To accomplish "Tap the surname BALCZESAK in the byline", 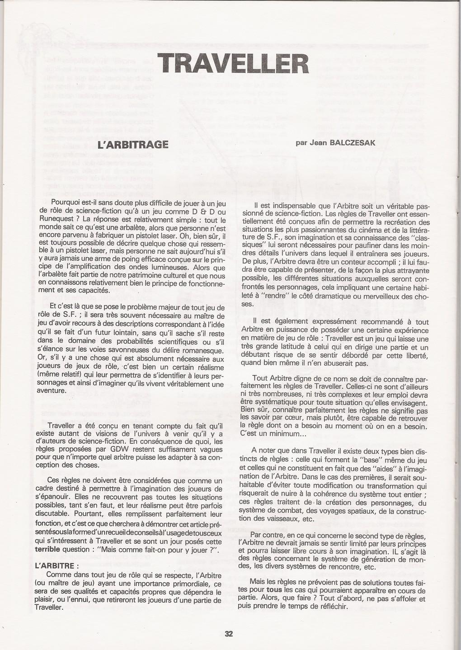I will click(x=362, y=141).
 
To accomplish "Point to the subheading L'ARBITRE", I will click(x=56, y=565).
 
